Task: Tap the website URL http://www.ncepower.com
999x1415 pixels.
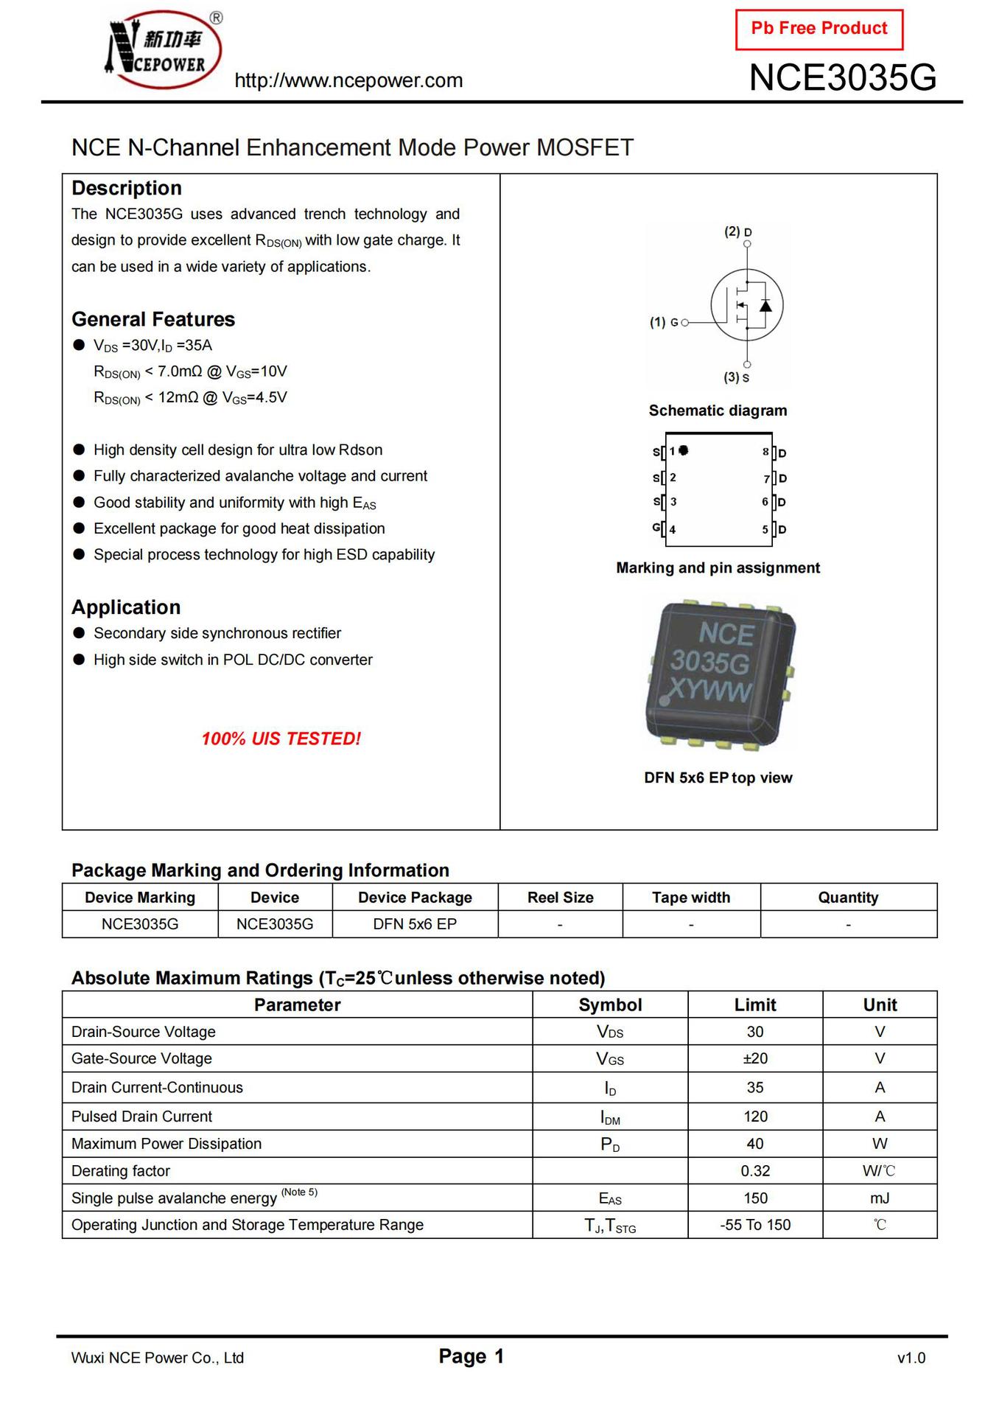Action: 348,80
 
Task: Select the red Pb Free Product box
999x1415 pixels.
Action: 819,29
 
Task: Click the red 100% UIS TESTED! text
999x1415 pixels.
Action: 281,738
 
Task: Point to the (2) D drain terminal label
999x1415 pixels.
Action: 737,231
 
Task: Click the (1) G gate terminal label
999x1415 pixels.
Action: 664,322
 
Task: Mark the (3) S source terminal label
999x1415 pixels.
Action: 736,377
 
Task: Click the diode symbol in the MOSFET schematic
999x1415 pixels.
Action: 766,305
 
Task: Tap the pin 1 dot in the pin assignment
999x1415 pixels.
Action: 684,450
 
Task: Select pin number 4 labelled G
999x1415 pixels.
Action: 672,529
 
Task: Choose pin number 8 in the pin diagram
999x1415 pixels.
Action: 765,452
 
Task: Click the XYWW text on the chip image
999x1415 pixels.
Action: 710,691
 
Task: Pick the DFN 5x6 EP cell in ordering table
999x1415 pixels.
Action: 415,924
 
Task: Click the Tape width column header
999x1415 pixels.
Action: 691,898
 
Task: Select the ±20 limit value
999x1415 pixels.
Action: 755,1059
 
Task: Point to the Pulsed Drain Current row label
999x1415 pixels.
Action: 142,1117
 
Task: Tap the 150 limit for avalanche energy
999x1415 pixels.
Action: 755,1198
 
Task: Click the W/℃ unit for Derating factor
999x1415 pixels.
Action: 879,1171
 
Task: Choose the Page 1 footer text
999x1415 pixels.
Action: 471,1356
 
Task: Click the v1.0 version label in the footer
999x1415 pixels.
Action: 911,1358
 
